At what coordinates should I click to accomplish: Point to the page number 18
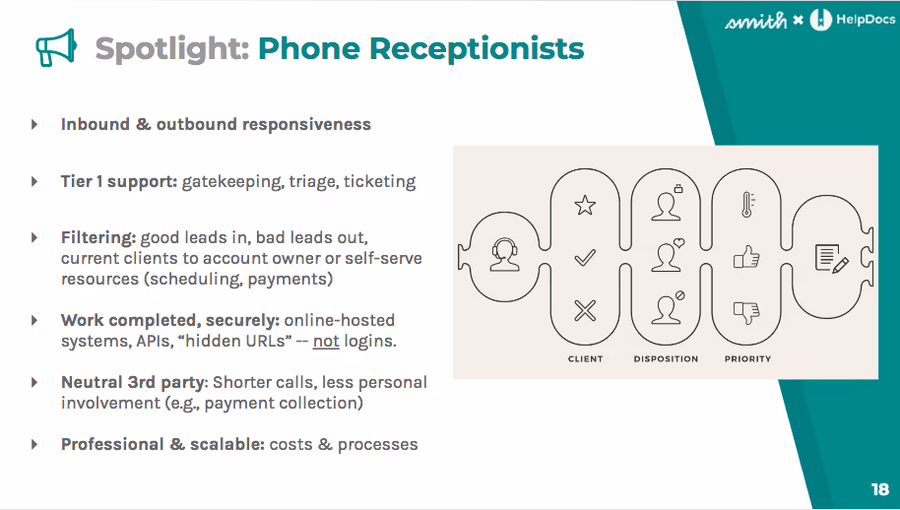tap(879, 489)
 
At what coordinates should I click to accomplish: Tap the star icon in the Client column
tap(585, 205)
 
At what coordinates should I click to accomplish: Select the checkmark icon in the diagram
tap(585, 259)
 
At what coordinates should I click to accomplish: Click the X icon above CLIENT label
tap(585, 312)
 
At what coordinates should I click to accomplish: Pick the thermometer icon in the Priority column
tap(746, 205)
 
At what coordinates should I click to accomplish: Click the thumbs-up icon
tap(746, 258)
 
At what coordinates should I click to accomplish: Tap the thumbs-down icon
tap(746, 312)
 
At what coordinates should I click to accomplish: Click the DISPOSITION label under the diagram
tap(666, 359)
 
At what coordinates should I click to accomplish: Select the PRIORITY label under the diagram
tap(747, 359)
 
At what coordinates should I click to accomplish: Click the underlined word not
tap(326, 342)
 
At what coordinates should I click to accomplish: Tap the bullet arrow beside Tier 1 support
tap(35, 182)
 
